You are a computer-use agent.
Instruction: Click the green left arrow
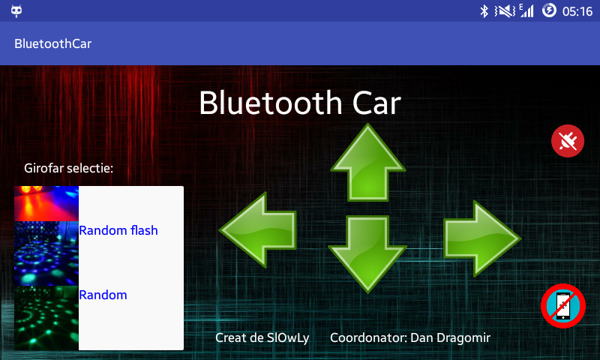click(x=258, y=230)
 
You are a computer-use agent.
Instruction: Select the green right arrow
click(x=482, y=238)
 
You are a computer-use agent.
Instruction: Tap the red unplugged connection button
click(x=568, y=141)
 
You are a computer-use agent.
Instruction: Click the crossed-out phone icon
click(x=563, y=306)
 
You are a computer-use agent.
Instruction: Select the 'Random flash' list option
click(x=118, y=230)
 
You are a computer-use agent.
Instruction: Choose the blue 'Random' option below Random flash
click(x=103, y=295)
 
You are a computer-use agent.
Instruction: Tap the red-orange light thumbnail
click(x=46, y=203)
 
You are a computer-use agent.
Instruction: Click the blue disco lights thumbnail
click(x=46, y=253)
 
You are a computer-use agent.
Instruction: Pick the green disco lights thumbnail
click(x=46, y=318)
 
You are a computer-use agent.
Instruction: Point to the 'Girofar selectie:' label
click(x=68, y=168)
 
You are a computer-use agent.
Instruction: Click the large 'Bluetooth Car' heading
click(x=300, y=103)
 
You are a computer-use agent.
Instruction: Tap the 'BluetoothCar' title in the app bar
click(x=52, y=43)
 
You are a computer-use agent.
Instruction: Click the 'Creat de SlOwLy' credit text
click(x=262, y=337)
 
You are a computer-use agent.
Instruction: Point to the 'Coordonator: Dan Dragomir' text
click(x=410, y=337)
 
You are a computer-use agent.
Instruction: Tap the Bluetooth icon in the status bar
click(x=484, y=11)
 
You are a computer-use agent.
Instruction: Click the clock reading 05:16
click(x=577, y=11)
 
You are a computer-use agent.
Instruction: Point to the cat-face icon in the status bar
click(x=16, y=11)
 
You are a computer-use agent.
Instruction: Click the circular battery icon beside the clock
click(x=549, y=10)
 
